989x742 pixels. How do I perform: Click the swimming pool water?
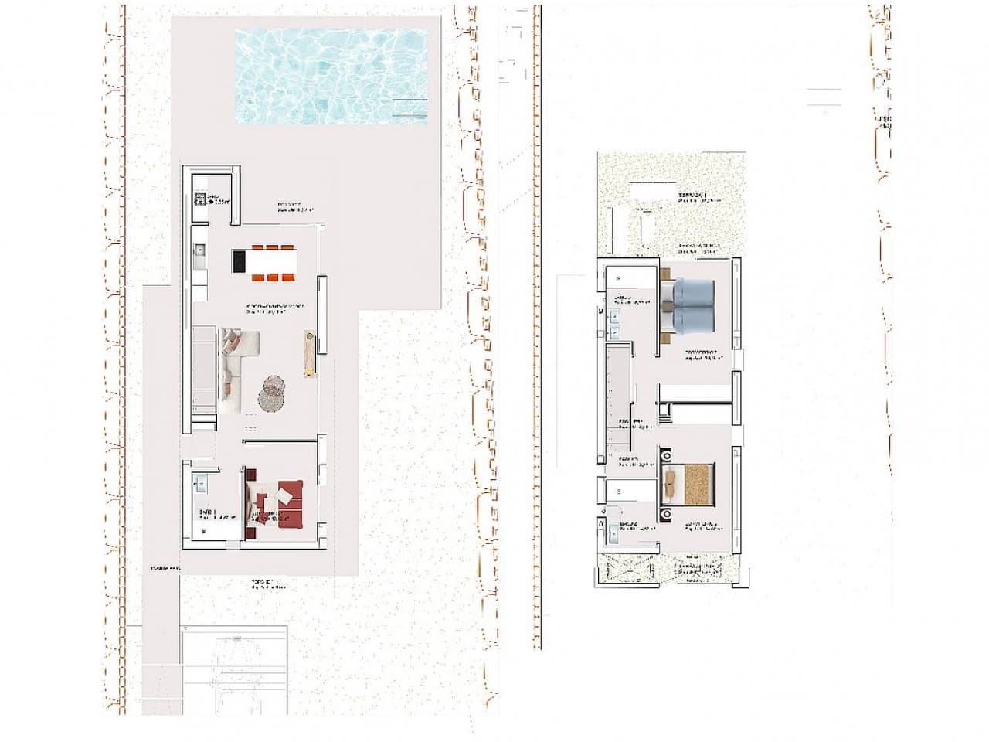[x=332, y=77]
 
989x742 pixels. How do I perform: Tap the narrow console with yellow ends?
[x=310, y=353]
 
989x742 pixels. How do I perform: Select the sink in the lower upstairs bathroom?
[x=613, y=531]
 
